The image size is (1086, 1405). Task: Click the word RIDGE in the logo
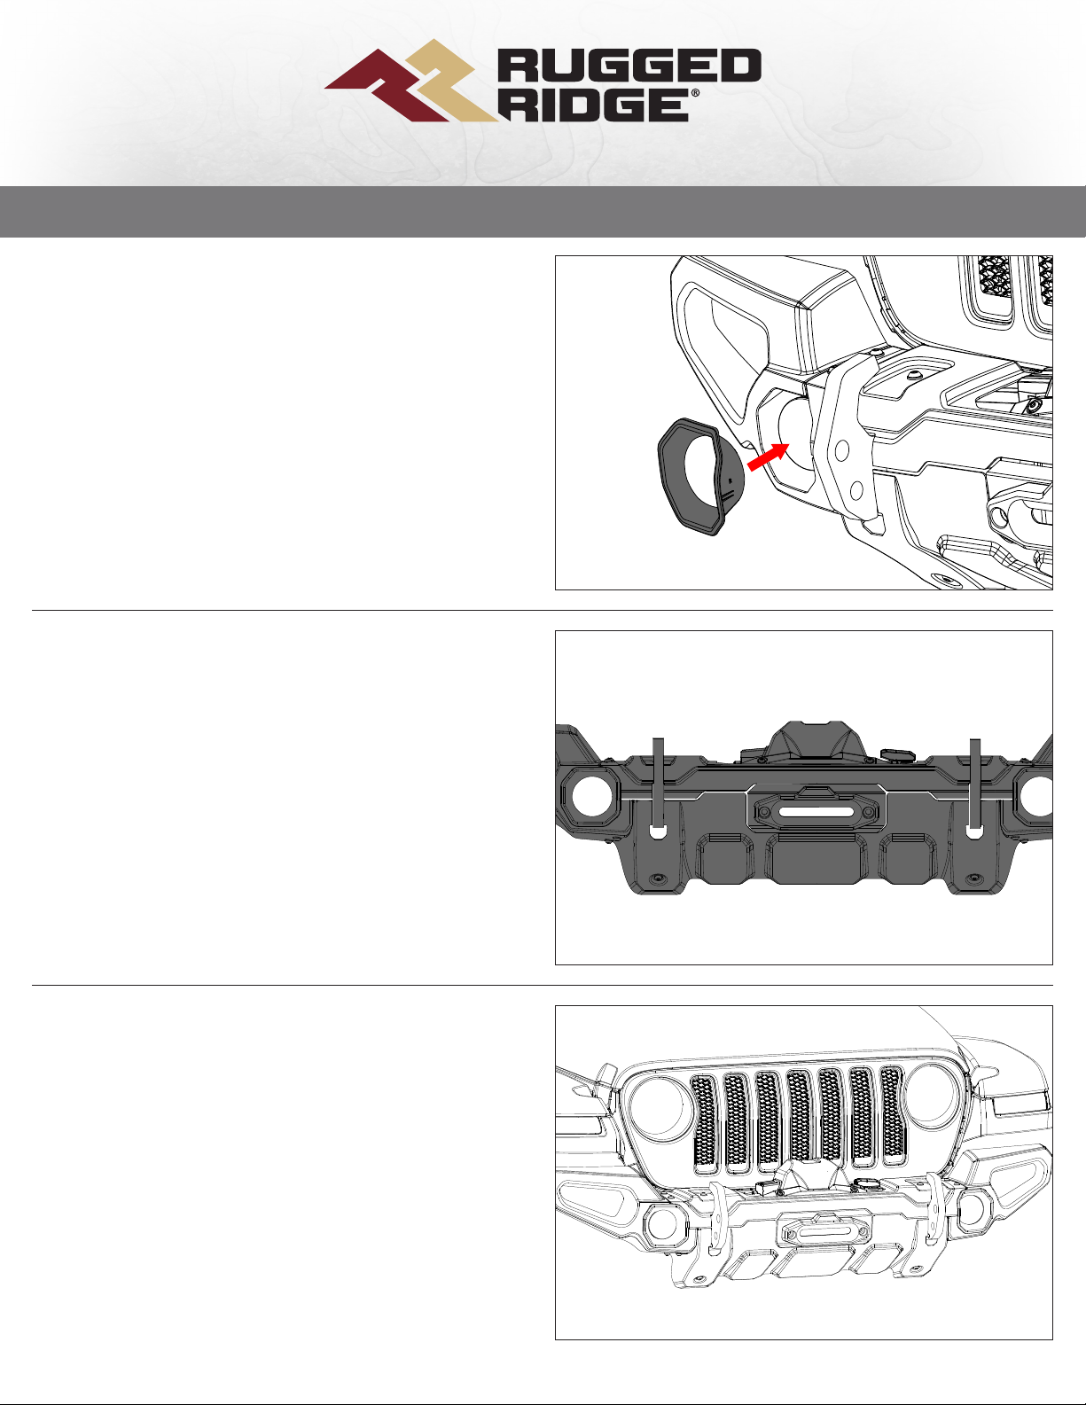pos(594,105)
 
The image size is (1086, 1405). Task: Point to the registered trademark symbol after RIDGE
pos(695,93)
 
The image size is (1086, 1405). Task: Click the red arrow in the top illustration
pos(768,457)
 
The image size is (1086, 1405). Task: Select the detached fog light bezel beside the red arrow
pos(701,478)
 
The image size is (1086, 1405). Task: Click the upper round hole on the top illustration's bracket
pos(842,450)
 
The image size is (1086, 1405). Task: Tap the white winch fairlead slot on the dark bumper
pos(816,811)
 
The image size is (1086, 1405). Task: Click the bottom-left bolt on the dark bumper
pos(658,879)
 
